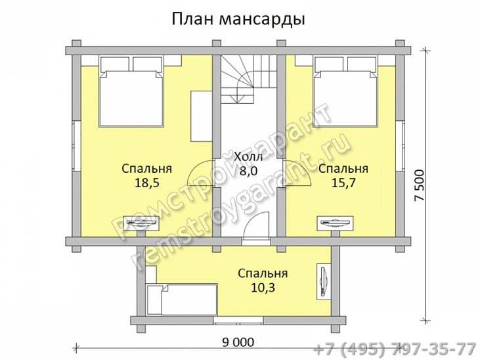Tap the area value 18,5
[147, 184]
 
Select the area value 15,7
[343, 184]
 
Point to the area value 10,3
[263, 288]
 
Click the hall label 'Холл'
[248, 158]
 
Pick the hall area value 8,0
[248, 171]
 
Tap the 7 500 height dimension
[423, 185]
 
